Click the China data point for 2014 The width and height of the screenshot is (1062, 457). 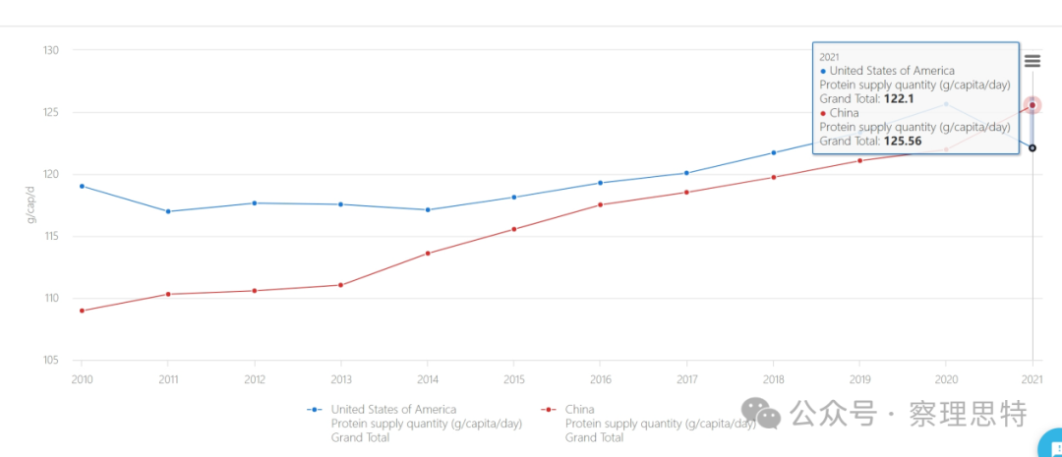click(x=428, y=254)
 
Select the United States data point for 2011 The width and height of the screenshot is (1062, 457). click(x=168, y=211)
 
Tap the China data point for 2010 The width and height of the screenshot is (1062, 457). click(x=82, y=311)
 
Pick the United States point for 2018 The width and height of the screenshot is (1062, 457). click(x=774, y=152)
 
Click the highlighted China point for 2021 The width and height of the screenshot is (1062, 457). click(x=1032, y=105)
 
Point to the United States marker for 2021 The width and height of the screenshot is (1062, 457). click(x=1032, y=148)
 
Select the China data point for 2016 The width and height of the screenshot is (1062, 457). click(x=601, y=204)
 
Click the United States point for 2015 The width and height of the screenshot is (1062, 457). click(x=514, y=198)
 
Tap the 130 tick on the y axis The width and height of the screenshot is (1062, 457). click(x=52, y=50)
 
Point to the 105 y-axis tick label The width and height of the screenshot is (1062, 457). click(x=52, y=361)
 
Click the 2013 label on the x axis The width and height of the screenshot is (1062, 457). click(x=341, y=379)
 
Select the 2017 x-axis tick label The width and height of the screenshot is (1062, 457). click(x=687, y=379)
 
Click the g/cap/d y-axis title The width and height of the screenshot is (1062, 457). click(x=30, y=203)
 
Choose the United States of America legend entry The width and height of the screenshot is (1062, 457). click(x=393, y=410)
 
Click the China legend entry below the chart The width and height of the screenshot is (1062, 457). click(x=580, y=410)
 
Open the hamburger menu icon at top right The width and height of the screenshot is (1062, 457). click(x=1032, y=61)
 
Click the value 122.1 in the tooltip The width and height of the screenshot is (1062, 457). click(x=899, y=98)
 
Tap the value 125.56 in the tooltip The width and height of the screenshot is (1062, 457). click(x=902, y=141)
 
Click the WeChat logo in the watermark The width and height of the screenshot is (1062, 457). click(x=761, y=414)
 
